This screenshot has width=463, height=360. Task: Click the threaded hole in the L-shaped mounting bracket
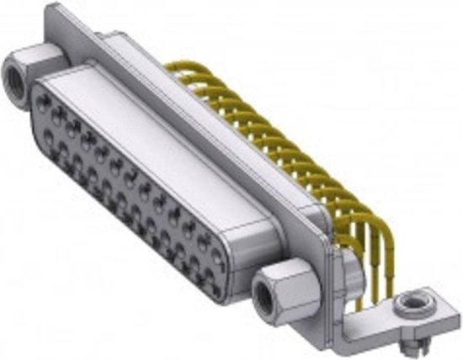[412, 299]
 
